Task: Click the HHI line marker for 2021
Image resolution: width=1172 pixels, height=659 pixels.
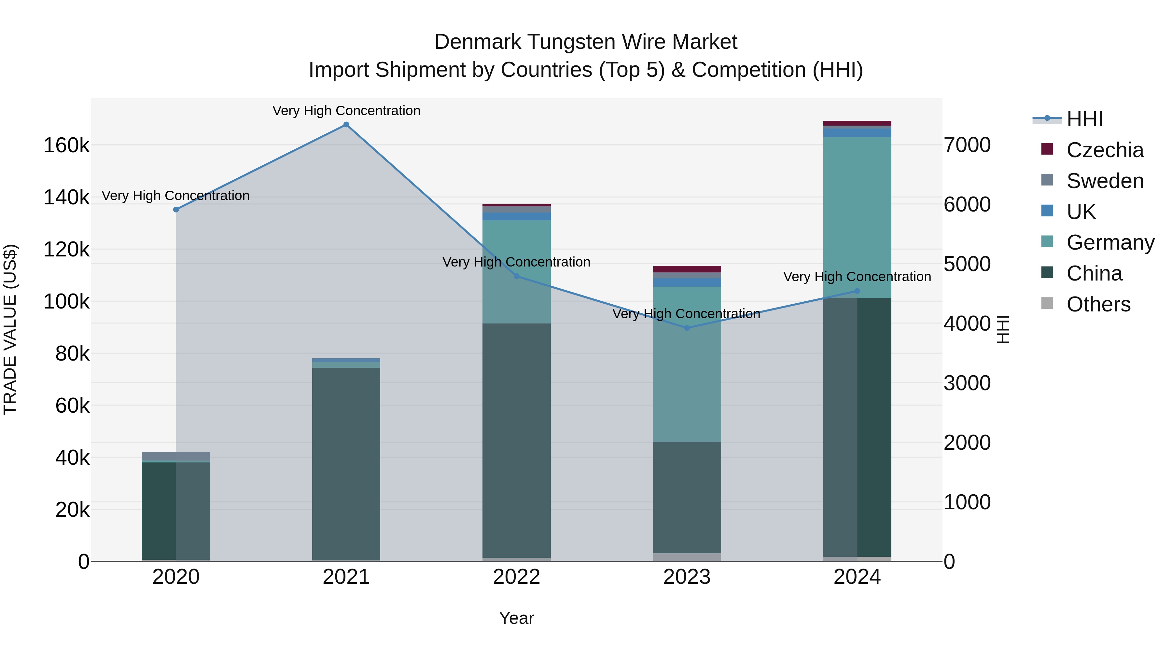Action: pos(346,125)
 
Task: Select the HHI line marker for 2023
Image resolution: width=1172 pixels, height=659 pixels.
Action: pos(687,328)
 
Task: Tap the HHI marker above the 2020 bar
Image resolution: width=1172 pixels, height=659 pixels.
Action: pos(176,210)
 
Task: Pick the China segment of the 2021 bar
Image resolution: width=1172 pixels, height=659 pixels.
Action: pos(346,464)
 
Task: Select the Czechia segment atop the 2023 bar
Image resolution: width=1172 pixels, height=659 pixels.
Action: pos(687,269)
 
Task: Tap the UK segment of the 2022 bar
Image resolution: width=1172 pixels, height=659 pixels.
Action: pos(516,216)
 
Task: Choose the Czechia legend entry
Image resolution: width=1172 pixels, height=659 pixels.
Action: pos(1105,150)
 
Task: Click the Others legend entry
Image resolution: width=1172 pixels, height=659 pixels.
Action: pos(1098,304)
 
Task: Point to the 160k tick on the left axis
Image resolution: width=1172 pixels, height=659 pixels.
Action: pos(66,145)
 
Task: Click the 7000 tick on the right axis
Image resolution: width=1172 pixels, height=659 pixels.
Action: pos(967,145)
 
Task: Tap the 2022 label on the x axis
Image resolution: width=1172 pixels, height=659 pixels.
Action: pos(516,577)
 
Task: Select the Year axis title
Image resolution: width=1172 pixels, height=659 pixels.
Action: pos(516,618)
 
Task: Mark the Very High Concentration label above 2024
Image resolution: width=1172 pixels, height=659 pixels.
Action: pos(857,277)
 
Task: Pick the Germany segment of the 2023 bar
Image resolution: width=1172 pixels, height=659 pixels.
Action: pos(687,364)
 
